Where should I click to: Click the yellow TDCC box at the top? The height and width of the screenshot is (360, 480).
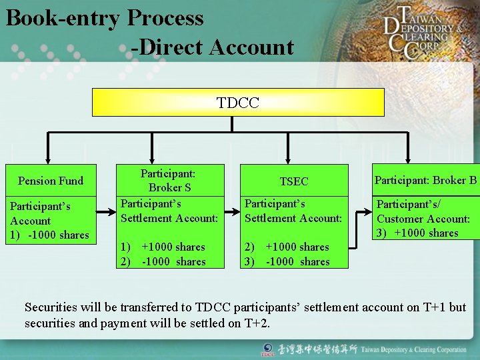tap(238, 102)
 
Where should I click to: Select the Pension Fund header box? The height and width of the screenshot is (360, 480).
tap(51, 181)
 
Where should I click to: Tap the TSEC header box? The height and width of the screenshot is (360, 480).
tap(293, 181)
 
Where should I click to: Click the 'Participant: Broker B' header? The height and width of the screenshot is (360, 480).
tap(425, 180)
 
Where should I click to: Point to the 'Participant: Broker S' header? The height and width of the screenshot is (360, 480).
tap(169, 180)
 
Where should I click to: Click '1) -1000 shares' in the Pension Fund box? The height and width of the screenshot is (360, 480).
tap(50, 235)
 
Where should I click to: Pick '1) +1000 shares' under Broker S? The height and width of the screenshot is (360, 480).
tap(163, 247)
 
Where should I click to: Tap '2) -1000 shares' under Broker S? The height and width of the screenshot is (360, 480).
tap(163, 261)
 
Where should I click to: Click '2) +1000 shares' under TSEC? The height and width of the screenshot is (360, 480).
tap(287, 247)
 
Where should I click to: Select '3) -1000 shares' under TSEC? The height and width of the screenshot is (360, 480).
tap(287, 261)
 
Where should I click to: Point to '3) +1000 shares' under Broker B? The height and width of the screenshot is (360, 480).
tap(417, 233)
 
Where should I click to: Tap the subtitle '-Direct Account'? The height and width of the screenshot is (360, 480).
tap(212, 47)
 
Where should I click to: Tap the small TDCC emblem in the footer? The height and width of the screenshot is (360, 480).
tap(267, 349)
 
